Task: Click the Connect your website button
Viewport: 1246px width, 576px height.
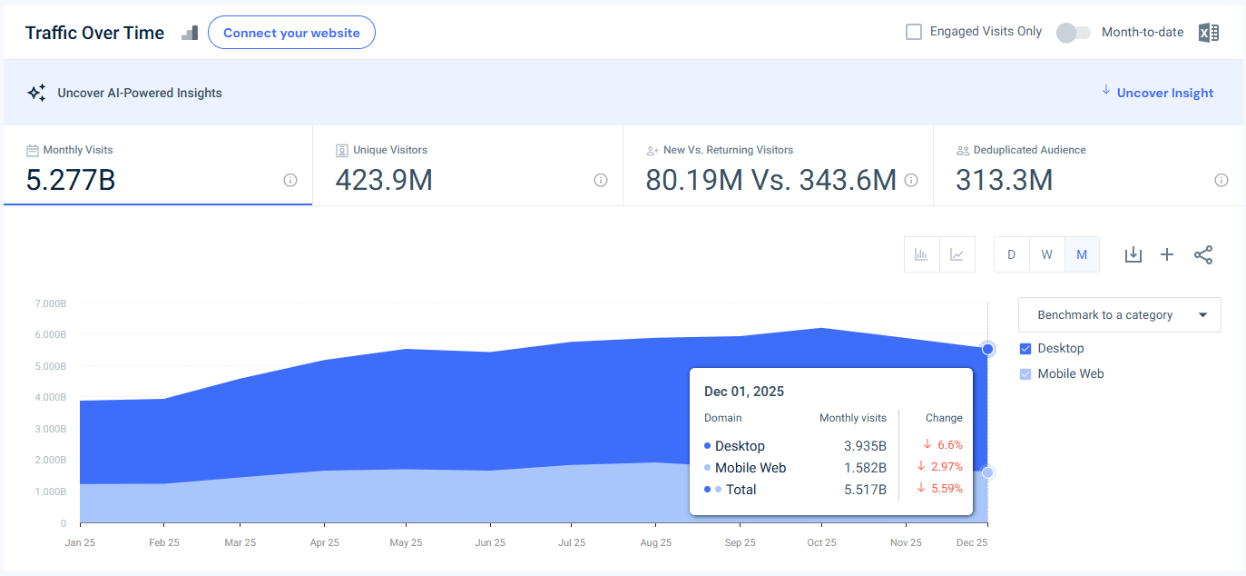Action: click(x=291, y=33)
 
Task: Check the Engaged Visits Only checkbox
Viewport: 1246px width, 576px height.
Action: click(x=914, y=32)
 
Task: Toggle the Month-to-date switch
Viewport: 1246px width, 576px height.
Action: click(x=1073, y=33)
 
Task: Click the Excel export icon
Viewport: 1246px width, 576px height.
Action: click(x=1208, y=33)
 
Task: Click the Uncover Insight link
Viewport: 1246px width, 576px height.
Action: click(x=1164, y=93)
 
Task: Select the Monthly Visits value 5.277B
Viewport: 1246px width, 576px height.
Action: click(x=71, y=181)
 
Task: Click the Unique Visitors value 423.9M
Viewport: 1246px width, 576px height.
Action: click(x=384, y=181)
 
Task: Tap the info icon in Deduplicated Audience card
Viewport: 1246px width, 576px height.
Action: click(x=1221, y=180)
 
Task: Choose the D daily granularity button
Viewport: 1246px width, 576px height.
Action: click(x=1011, y=254)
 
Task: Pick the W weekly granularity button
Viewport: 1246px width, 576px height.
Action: click(x=1046, y=254)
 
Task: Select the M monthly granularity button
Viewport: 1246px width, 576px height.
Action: click(x=1082, y=254)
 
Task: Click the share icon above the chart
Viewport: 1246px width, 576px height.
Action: click(x=1203, y=255)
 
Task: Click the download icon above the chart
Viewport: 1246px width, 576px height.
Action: click(x=1133, y=255)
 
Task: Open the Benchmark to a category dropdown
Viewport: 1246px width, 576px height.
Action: click(x=1119, y=315)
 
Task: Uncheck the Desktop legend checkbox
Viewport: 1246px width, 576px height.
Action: click(x=1025, y=349)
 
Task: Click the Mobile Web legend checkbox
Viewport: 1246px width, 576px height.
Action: click(x=1025, y=374)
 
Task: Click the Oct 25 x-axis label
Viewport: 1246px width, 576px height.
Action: click(x=821, y=542)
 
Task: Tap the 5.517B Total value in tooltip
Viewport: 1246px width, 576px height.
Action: click(x=864, y=490)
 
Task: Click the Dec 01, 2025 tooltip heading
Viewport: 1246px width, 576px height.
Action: click(x=744, y=392)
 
